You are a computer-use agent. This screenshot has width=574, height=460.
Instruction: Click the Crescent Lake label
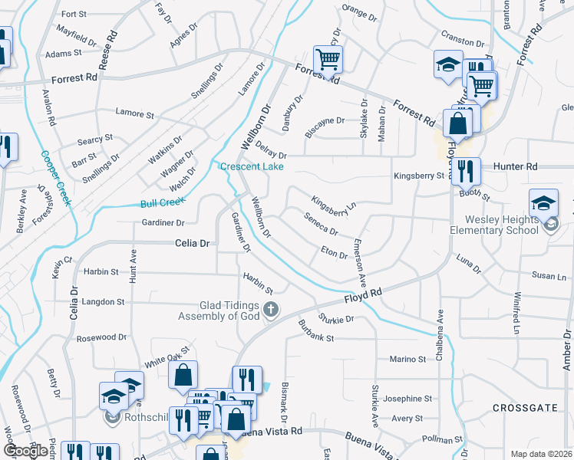[252, 167]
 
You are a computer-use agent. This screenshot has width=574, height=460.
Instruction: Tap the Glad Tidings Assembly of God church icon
[270, 310]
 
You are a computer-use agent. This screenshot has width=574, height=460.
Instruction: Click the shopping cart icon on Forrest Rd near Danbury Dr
[328, 59]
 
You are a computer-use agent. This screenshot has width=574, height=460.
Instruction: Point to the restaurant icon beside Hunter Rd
[465, 171]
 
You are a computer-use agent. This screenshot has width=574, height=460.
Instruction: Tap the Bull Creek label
[163, 203]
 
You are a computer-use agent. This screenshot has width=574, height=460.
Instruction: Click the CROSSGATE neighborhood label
[525, 408]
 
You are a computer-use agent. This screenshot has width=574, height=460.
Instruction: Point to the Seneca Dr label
[322, 225]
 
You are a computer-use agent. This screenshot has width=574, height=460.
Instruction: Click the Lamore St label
[134, 113]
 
